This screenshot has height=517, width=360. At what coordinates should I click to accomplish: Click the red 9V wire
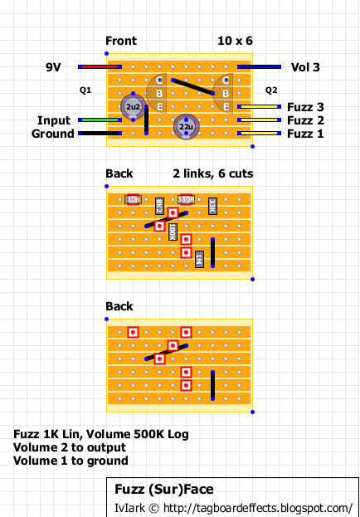100,67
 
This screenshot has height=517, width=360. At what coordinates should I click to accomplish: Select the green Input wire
100,120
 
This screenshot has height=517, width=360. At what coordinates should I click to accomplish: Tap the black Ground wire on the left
100,134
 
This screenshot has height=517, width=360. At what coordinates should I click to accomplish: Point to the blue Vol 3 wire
259,67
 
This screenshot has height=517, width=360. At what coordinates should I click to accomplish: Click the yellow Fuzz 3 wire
259,107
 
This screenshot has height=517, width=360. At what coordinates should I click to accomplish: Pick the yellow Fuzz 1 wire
259,134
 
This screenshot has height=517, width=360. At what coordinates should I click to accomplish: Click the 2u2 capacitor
134,107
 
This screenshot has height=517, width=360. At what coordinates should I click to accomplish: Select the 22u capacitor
187,127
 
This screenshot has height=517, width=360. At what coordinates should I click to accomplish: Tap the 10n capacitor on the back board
134,199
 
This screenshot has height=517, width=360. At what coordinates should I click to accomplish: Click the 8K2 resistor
159,207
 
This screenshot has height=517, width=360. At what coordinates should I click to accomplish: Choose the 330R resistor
187,199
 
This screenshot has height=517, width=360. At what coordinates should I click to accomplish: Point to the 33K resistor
212,207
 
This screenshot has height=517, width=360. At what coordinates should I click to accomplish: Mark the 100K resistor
173,232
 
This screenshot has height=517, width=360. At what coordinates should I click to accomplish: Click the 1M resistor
199,259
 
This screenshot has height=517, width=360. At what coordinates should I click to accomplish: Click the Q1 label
85,90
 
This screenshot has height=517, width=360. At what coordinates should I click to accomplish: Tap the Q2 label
271,90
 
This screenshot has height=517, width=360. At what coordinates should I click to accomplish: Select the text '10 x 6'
235,41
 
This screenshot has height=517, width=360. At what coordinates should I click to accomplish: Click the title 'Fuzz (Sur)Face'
164,490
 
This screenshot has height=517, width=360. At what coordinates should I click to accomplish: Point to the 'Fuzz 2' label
305,120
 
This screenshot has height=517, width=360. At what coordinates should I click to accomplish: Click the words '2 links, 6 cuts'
213,173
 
